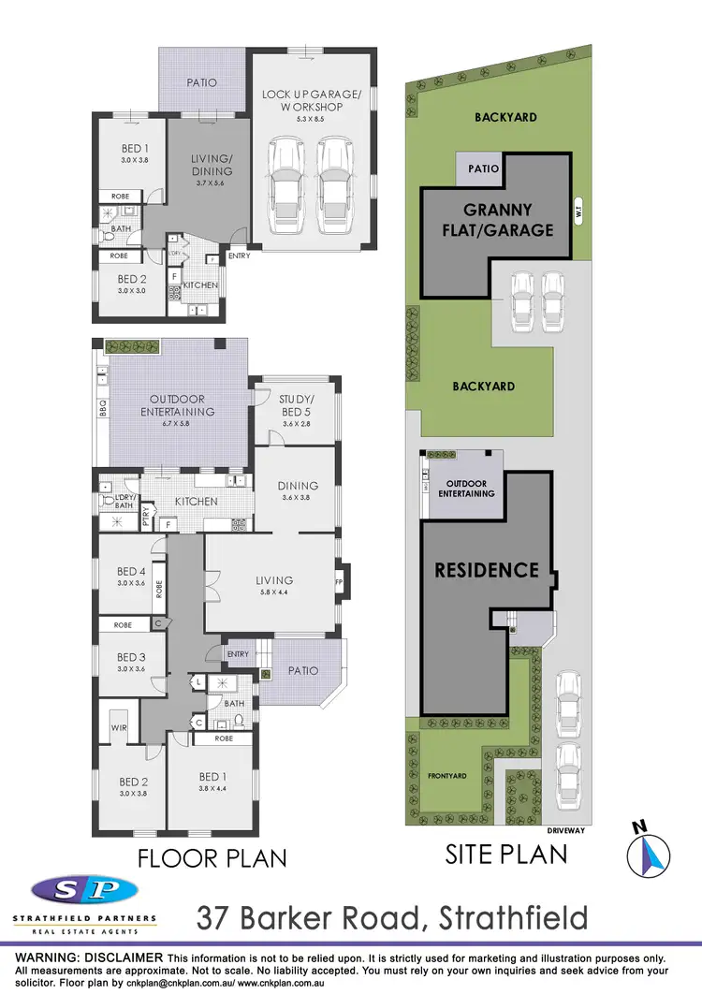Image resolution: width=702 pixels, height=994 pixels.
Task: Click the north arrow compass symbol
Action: click(x=650, y=850)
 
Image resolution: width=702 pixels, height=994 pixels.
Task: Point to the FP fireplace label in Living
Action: click(x=339, y=581)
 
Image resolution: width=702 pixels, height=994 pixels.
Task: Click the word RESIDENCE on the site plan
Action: click(x=486, y=569)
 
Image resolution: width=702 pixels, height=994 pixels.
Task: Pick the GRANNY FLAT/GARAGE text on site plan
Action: click(x=506, y=220)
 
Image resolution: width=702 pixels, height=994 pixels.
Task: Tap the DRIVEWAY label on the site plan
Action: click(x=569, y=829)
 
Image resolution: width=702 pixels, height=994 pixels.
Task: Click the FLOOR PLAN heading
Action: click(x=212, y=857)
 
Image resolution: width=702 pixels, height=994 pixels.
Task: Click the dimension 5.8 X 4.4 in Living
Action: click(x=274, y=592)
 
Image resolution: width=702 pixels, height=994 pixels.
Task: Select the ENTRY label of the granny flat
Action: click(x=239, y=256)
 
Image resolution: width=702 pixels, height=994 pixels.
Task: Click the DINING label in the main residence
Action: click(x=298, y=486)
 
